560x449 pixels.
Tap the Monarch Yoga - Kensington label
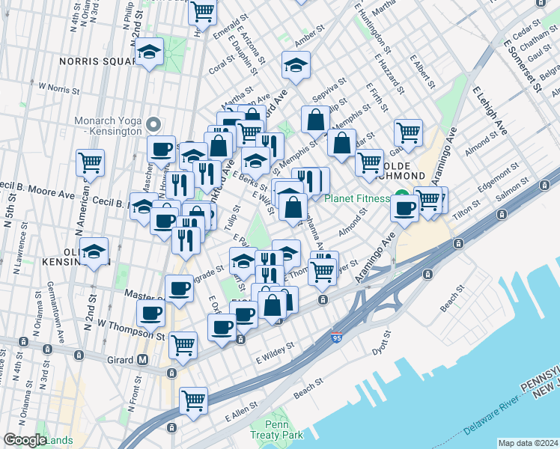tap(108, 125)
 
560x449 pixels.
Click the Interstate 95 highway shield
tap(337, 338)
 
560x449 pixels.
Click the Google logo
tap(24, 439)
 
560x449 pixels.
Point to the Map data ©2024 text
tap(528, 443)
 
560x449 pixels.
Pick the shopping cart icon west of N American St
tap(90, 162)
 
